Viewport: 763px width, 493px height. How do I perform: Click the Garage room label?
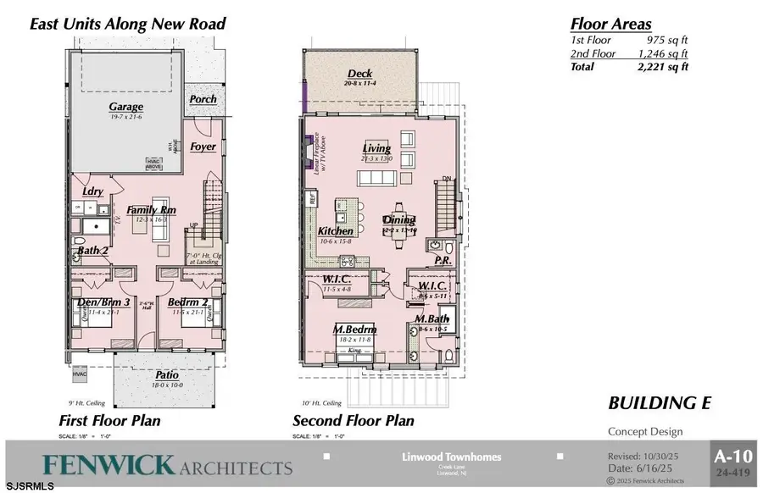[x=125, y=107]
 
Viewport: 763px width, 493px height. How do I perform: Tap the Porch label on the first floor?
[x=203, y=99]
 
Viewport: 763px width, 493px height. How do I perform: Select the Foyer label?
[x=203, y=147]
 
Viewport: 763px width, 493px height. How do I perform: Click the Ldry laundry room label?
[x=93, y=191]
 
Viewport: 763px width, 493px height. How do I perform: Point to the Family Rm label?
[x=151, y=209]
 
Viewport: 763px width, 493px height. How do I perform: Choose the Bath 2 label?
[x=92, y=251]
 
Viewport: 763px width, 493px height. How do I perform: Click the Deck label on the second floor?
[x=360, y=74]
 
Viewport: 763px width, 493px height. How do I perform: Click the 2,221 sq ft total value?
[x=664, y=67]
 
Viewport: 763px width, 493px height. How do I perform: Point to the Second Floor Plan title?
[x=353, y=420]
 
